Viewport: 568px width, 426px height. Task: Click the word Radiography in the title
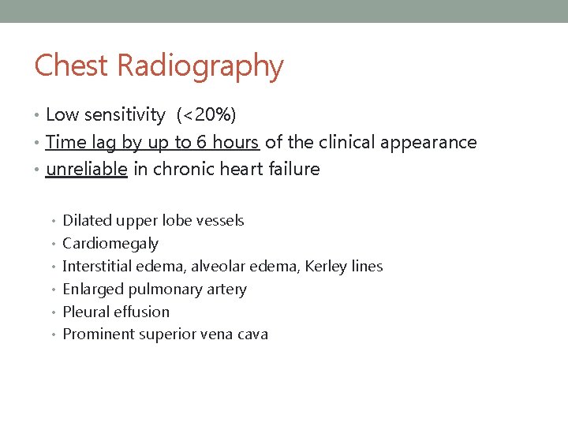click(x=200, y=67)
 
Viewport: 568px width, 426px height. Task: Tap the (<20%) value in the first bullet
click(x=207, y=115)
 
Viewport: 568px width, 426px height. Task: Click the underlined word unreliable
click(x=87, y=169)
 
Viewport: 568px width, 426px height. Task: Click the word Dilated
click(x=87, y=221)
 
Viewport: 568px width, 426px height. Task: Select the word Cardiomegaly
click(x=110, y=244)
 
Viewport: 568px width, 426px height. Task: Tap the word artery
click(x=226, y=290)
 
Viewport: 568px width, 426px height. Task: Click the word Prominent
click(x=98, y=334)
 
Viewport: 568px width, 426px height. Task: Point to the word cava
click(x=252, y=334)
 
